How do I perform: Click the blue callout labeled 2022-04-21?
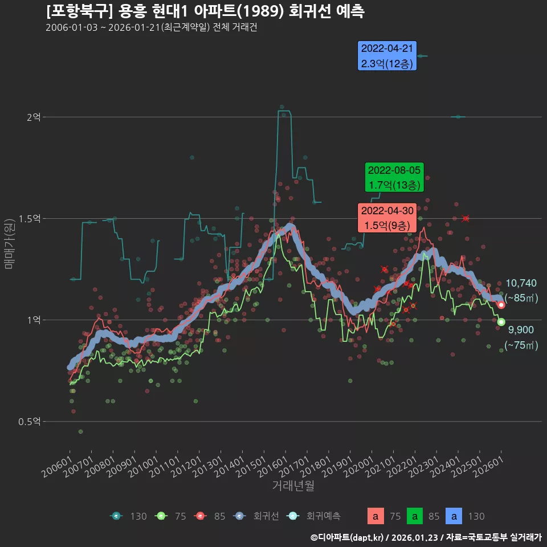tap(387, 56)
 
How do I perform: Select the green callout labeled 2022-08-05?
tap(394, 178)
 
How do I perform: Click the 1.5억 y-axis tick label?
tap(30, 218)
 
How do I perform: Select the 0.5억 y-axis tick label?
tap(30, 421)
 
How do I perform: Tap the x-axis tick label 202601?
tap(489, 462)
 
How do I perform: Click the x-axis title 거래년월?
tap(293, 485)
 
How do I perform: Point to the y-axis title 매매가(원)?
tap(9, 243)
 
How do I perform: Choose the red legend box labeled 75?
tap(375, 516)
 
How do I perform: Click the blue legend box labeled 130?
tap(454, 516)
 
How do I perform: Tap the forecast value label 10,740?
tap(521, 283)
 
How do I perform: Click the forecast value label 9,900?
tap(521, 330)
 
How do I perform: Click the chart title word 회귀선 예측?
tap(327, 11)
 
